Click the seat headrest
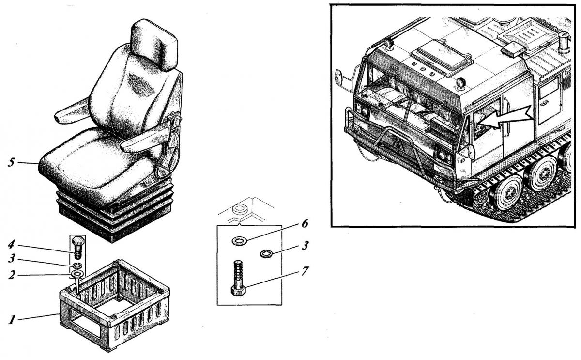click(x=154, y=44)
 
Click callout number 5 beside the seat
click(x=11, y=162)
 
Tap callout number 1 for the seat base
click(x=12, y=320)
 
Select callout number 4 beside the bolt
click(x=12, y=245)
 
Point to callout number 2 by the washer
click(x=12, y=275)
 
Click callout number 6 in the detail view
click(x=305, y=223)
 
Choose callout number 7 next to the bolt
click(x=305, y=271)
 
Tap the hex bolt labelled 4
click(x=78, y=248)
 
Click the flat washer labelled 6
click(x=239, y=241)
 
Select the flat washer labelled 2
click(x=77, y=274)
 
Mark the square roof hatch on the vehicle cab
click(x=442, y=60)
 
